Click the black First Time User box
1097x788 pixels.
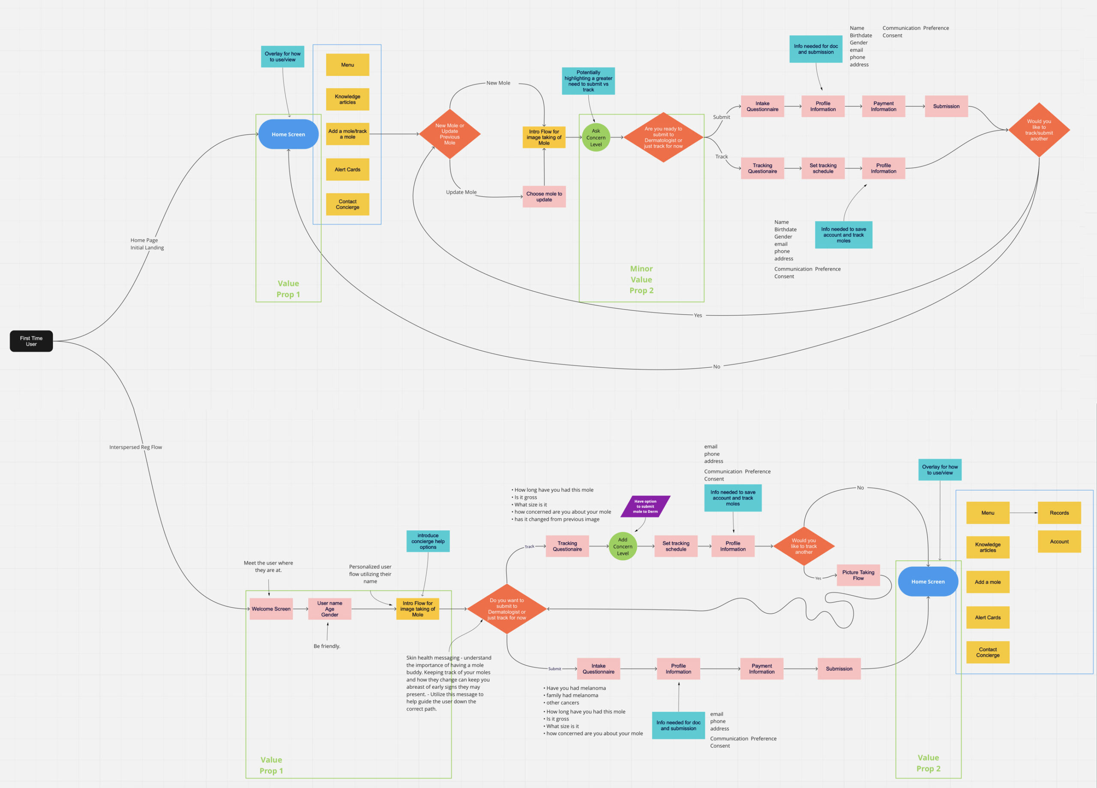coord(31,341)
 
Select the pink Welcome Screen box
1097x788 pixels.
coord(271,609)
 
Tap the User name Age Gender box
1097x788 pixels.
coord(330,609)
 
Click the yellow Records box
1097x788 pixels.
coord(1059,513)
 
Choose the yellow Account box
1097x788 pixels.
coord(1059,541)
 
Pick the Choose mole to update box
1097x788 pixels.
coord(544,196)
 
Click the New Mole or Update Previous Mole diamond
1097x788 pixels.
coord(450,134)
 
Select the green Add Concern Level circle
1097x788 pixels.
coord(623,547)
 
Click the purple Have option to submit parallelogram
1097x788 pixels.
coord(645,506)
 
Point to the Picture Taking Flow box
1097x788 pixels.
coord(858,575)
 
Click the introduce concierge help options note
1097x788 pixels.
coord(428,541)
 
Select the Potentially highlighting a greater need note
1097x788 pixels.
coord(588,81)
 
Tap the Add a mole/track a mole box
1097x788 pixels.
coord(347,134)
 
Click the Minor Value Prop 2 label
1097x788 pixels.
coord(641,279)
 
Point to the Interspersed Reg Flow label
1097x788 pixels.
coord(135,447)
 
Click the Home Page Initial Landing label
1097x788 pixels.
coord(147,244)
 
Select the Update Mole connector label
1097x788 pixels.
coord(461,192)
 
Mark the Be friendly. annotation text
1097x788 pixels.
coord(327,646)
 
